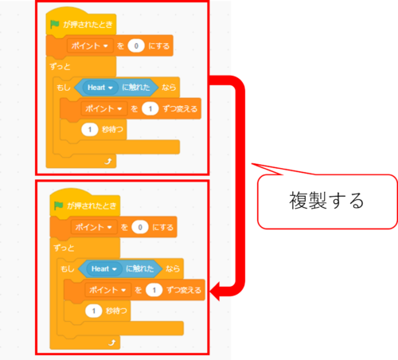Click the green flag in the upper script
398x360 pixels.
[55, 25]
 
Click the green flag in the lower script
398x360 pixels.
[59, 205]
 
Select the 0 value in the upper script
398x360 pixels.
[136, 45]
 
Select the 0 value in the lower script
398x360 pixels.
[140, 227]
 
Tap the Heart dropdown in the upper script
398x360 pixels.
[100, 88]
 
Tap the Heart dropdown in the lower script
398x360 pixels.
[104, 268]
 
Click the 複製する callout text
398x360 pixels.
[326, 201]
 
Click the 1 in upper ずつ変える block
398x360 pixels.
[150, 108]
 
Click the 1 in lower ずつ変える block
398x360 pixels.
[154, 290]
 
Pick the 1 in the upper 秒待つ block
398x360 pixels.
[90, 130]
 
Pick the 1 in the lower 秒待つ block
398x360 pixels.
[94, 311]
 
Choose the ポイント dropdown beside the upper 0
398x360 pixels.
[90, 45]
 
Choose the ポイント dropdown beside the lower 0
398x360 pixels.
[94, 227]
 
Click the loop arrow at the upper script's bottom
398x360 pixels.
[108, 161]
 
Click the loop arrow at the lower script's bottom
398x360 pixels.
[112, 342]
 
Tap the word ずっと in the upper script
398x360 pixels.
[60, 66]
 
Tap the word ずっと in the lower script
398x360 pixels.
[64, 248]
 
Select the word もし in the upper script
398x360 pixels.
[64, 87]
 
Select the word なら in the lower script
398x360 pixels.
[173, 268]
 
